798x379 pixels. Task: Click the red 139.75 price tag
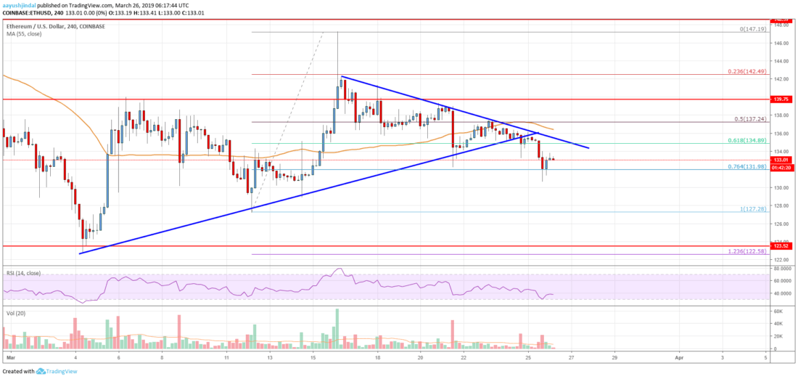(x=781, y=99)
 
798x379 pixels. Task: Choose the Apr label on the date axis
(x=679, y=358)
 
